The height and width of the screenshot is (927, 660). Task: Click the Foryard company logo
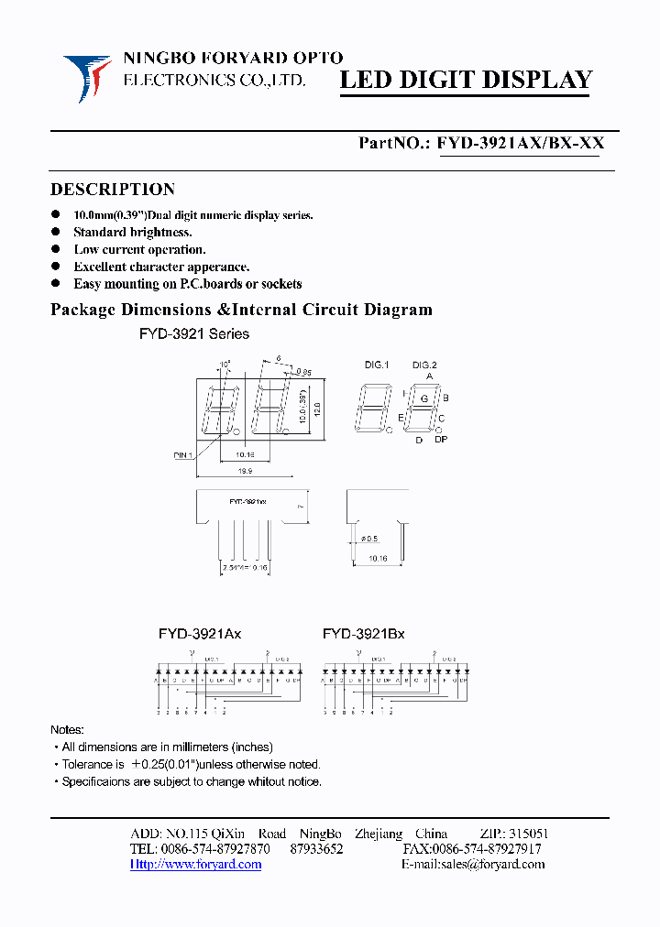pyautogui.click(x=88, y=77)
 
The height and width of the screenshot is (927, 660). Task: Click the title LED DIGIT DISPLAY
pyautogui.click(x=467, y=80)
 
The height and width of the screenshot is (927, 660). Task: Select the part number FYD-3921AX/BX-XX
pyautogui.click(x=520, y=143)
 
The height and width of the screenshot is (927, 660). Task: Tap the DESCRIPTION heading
pyautogui.click(x=112, y=190)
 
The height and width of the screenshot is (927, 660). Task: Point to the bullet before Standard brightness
pyautogui.click(x=56, y=233)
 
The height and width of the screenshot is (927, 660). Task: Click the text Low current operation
pyautogui.click(x=139, y=249)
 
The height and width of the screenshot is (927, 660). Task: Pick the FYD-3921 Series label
pyautogui.click(x=194, y=334)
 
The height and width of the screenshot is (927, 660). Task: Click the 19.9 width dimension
pyautogui.click(x=244, y=470)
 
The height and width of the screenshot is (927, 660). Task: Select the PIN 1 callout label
pyautogui.click(x=182, y=454)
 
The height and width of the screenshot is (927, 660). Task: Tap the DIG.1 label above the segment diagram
pyautogui.click(x=377, y=365)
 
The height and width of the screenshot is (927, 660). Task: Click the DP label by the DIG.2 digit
pyautogui.click(x=441, y=441)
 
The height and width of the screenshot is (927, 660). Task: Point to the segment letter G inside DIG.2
pyautogui.click(x=423, y=399)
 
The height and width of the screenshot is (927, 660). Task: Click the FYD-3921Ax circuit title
pyautogui.click(x=199, y=633)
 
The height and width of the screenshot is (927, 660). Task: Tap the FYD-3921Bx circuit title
pyautogui.click(x=363, y=633)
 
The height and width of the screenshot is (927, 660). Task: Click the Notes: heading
pyautogui.click(x=67, y=729)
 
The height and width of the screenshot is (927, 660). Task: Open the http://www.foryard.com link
pyautogui.click(x=196, y=864)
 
